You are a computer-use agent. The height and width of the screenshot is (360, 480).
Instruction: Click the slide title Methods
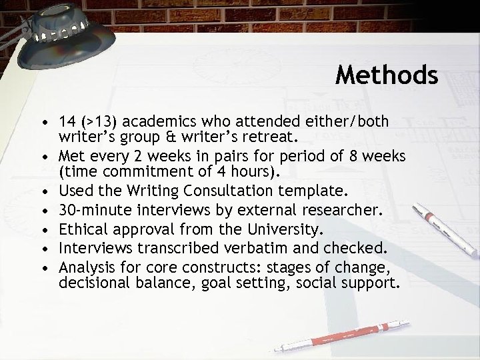[387, 75]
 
